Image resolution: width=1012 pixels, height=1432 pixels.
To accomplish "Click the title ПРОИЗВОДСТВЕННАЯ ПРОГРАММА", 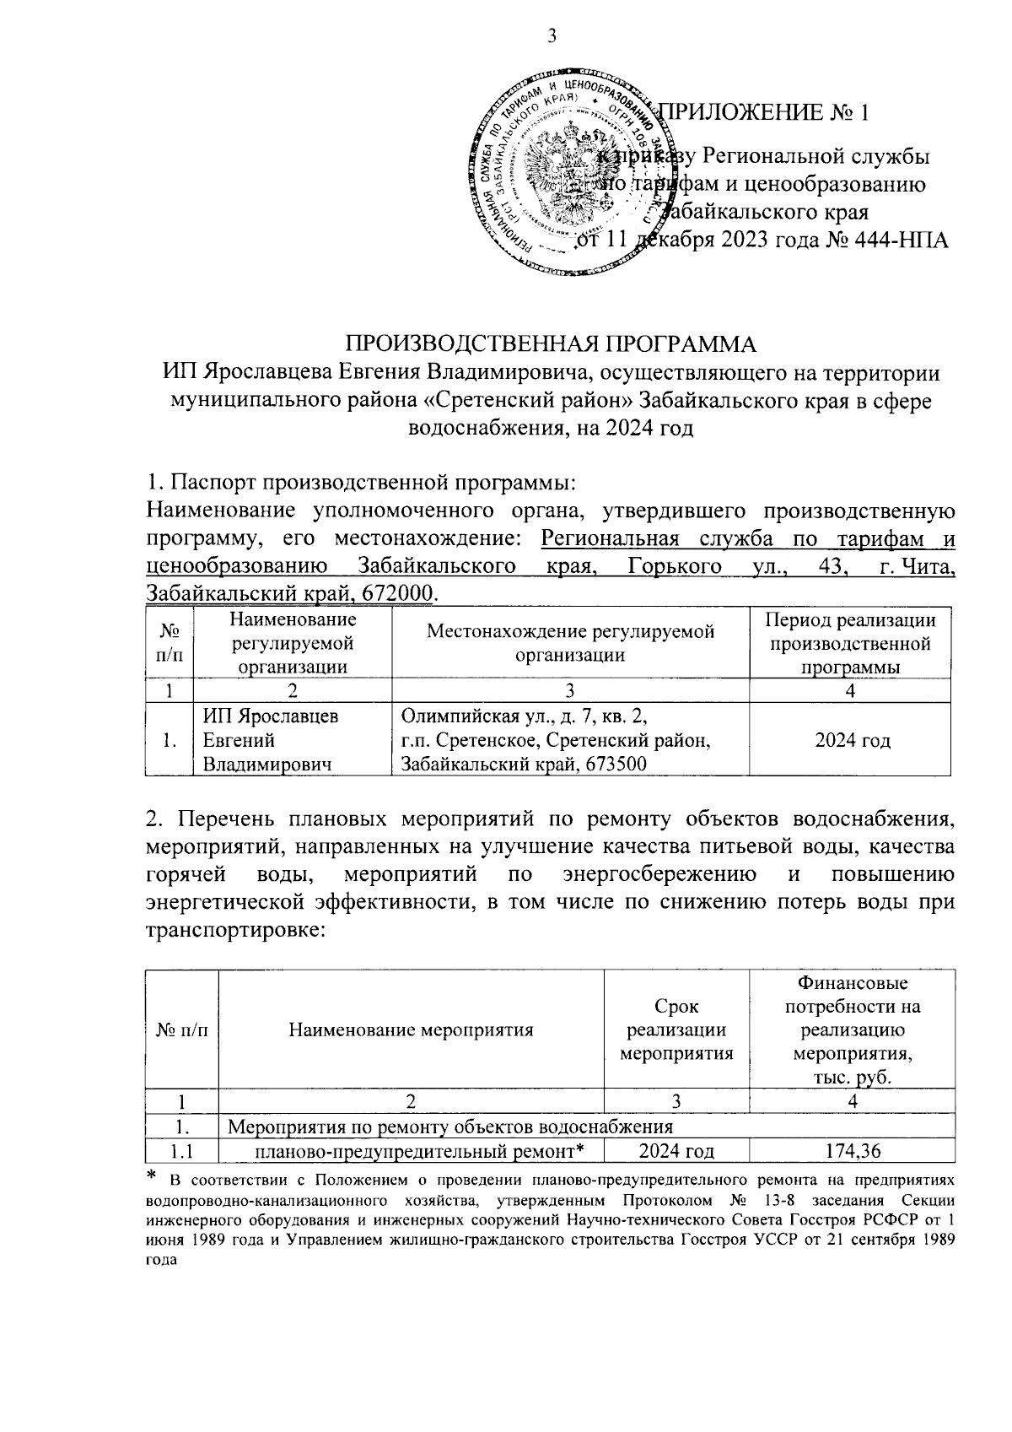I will click(551, 344).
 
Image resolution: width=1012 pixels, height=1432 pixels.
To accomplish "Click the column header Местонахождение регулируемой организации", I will click(570, 643).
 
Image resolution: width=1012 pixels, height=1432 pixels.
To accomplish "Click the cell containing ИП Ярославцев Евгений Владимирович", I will click(270, 741).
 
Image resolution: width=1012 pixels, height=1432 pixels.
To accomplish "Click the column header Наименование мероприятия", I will click(411, 1029).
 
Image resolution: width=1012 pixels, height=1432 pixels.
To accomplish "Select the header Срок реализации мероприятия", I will click(676, 1029).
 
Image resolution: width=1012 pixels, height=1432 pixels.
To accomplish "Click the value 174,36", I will click(853, 1151).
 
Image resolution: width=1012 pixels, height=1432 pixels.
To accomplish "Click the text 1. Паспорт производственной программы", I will click(361, 484).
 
